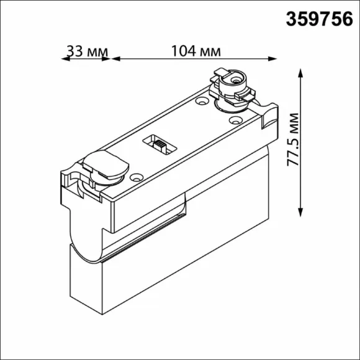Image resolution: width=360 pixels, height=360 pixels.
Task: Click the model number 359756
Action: [x=319, y=19]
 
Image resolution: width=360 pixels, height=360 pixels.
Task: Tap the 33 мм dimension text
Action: [x=87, y=51]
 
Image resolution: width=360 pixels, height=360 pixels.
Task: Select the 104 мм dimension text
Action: [x=196, y=51]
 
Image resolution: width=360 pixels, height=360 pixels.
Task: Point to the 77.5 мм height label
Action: [x=293, y=140]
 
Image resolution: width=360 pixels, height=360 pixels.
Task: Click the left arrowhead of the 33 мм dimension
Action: [x=65, y=59]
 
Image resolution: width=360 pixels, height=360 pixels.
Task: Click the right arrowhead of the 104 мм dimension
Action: [x=272, y=59]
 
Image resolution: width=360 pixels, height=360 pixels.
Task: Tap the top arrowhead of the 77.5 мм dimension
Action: [x=300, y=73]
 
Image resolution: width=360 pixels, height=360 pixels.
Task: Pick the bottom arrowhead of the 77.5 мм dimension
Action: [x=300, y=212]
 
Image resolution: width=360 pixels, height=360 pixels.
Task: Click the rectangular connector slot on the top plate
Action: [x=160, y=145]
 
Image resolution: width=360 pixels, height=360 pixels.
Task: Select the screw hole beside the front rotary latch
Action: [x=137, y=177]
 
